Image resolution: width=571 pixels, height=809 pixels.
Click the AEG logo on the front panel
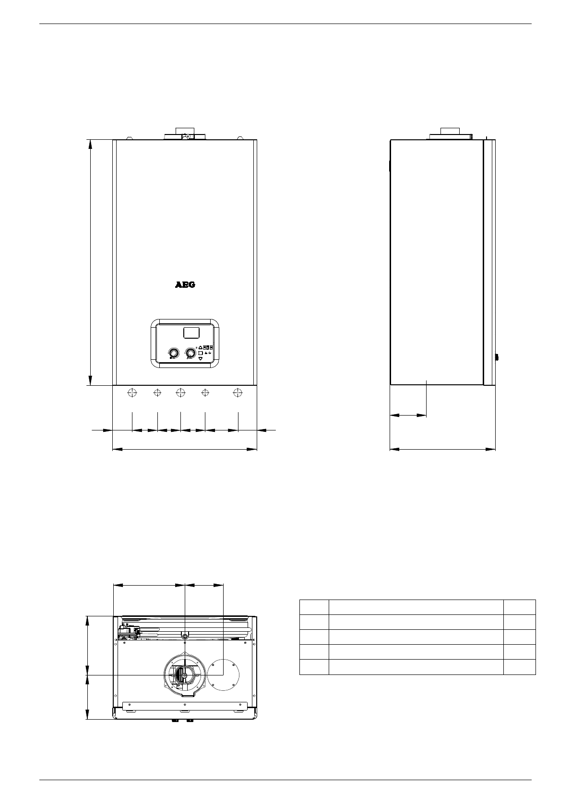pos(185,285)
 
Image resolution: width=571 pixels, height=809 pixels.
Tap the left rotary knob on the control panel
pos(174,353)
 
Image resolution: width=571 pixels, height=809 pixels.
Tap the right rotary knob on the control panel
pos(190,353)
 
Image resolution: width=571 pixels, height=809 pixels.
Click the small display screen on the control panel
pos(191,332)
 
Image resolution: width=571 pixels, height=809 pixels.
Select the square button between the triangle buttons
pos(201,353)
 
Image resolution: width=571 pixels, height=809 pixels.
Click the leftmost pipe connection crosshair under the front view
pos(132,392)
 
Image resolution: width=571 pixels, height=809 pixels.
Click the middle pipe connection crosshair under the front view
pos(181,392)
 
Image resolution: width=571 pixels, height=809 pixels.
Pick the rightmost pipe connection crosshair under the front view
pos(238,392)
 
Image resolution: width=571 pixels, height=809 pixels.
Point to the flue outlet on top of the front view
pos(185,134)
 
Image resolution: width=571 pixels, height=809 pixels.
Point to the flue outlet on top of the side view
pos(451,134)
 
